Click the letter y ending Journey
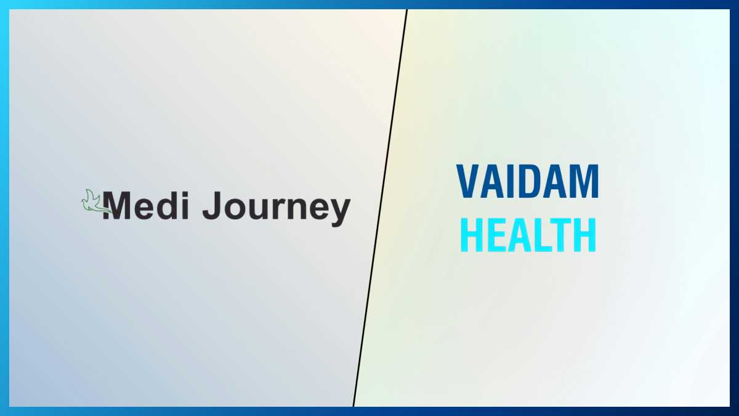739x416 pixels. (x=339, y=212)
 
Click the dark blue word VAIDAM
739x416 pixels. (x=528, y=182)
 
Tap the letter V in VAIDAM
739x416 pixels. (x=468, y=182)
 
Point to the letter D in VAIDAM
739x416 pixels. (x=528, y=182)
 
